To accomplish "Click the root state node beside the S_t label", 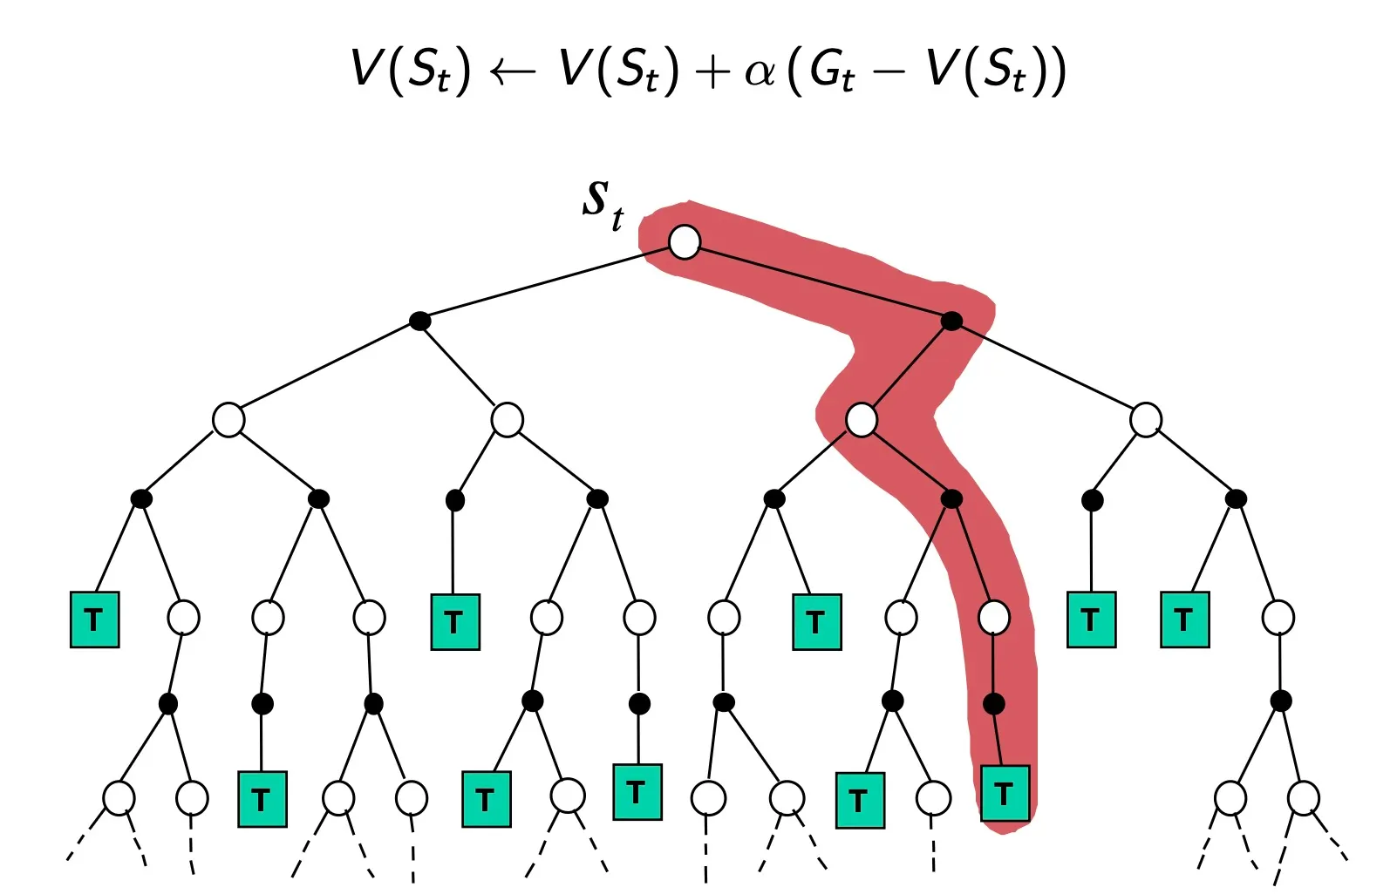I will [x=685, y=241].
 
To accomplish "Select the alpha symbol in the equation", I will [x=760, y=71].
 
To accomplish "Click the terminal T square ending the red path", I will [x=1005, y=793].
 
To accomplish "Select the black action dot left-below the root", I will [x=420, y=321].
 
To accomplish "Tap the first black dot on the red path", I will [x=951, y=321].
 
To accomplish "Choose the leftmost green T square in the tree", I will [x=94, y=620].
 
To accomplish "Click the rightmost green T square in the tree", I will [x=1184, y=620].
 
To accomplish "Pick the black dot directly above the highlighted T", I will [x=993, y=703].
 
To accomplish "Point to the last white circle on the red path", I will [x=993, y=618].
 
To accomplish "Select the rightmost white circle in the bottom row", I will [x=1303, y=797].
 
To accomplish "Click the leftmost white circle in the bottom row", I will [x=119, y=797].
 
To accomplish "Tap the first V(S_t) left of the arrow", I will [x=410, y=70].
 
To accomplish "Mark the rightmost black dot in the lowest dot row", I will [x=1280, y=701].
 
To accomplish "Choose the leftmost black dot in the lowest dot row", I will [x=168, y=703].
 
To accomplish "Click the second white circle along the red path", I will [x=862, y=420].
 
